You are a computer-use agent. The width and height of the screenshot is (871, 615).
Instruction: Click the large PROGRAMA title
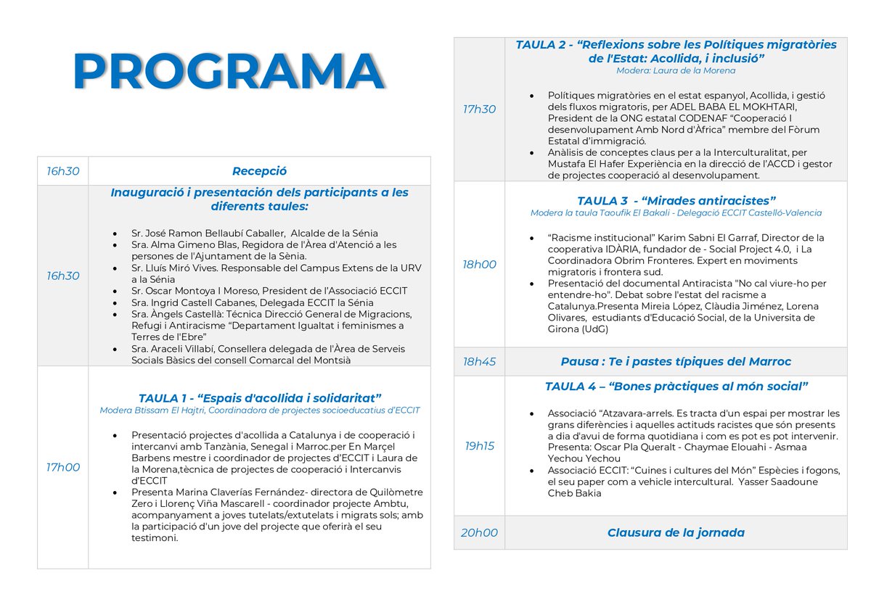[x=228, y=71]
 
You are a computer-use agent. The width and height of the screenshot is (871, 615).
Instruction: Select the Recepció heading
[x=259, y=171]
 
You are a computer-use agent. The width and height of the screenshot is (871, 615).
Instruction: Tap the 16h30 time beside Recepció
[x=62, y=171]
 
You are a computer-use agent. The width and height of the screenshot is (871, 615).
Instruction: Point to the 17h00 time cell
[x=62, y=467]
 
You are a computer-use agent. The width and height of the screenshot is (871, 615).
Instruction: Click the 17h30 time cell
[x=479, y=109]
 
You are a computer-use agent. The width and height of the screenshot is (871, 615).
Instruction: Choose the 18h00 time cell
[x=479, y=265]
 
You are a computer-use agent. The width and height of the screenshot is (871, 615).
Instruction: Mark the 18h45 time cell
[x=479, y=361]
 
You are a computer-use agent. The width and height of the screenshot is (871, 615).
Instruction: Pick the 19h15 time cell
[x=479, y=445]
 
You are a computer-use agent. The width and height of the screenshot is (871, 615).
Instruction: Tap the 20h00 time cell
[x=479, y=532]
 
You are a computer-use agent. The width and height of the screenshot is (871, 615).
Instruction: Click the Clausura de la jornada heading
[x=676, y=532]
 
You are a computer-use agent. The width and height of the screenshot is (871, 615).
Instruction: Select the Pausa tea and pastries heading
[x=676, y=361]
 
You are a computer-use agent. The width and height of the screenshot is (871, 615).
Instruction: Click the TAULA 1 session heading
[x=260, y=397]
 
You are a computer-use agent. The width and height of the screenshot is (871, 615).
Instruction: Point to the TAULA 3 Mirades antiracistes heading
[x=676, y=200]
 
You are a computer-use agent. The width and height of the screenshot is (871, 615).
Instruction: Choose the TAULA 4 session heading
[x=676, y=387]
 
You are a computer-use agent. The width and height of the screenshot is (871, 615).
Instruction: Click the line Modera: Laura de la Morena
[x=676, y=71]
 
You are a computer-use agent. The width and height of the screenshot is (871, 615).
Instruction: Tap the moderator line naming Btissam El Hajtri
[x=260, y=410]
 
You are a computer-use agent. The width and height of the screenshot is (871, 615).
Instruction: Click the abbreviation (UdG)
[x=594, y=329]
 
